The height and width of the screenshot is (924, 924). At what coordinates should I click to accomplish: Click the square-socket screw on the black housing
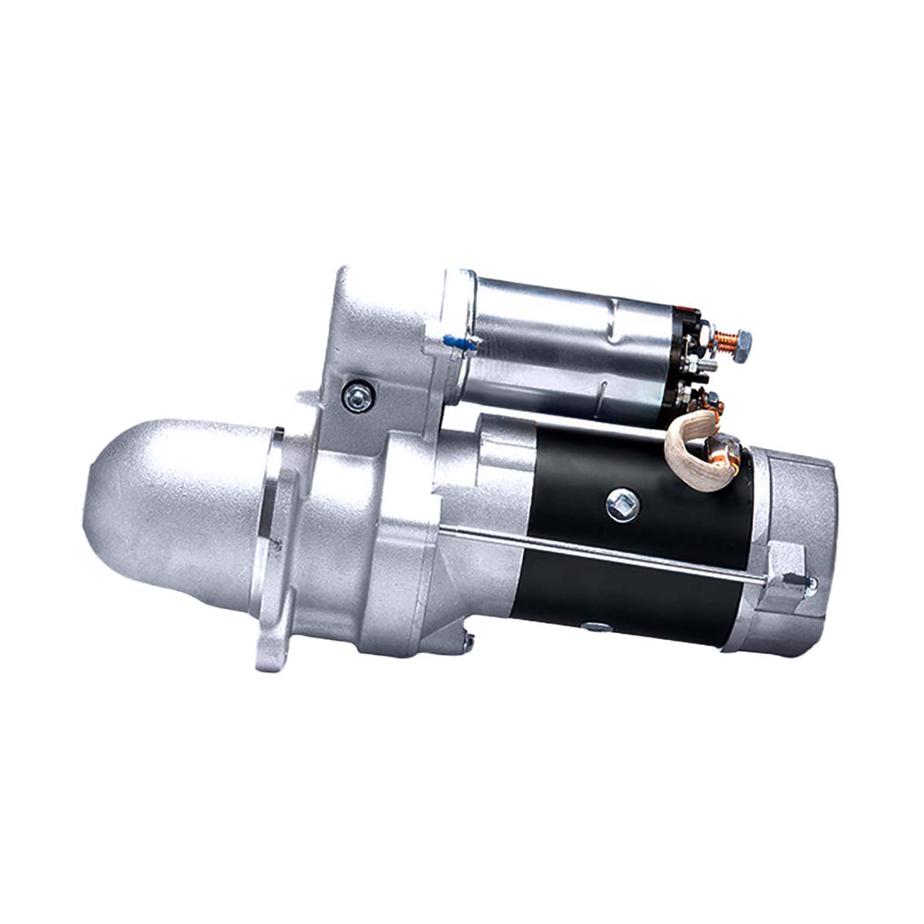click(622, 504)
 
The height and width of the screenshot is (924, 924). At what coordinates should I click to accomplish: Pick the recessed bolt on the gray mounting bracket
click(357, 396)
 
